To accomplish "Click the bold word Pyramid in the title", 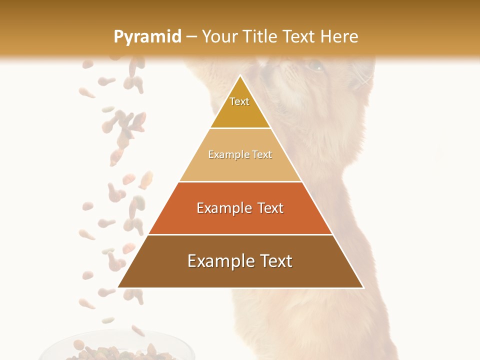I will pyautogui.click(x=147, y=37).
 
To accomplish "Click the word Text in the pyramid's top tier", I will pyautogui.click(x=239, y=101).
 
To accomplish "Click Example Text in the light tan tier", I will pyautogui.click(x=240, y=155).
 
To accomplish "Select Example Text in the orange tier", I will pyautogui.click(x=240, y=208).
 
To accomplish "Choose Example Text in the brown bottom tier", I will pyautogui.click(x=240, y=261).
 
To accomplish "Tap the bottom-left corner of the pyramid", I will pyautogui.click(x=118, y=287).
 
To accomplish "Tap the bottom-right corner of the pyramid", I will pyautogui.click(x=363, y=287).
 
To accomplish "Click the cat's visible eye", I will pyautogui.click(x=315, y=65).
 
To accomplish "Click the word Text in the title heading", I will pyautogui.click(x=299, y=37).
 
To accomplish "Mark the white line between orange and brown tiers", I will pyautogui.click(x=240, y=234).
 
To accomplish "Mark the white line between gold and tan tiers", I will pyautogui.click(x=240, y=128).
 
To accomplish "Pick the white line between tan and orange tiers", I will pyautogui.click(x=240, y=181).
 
